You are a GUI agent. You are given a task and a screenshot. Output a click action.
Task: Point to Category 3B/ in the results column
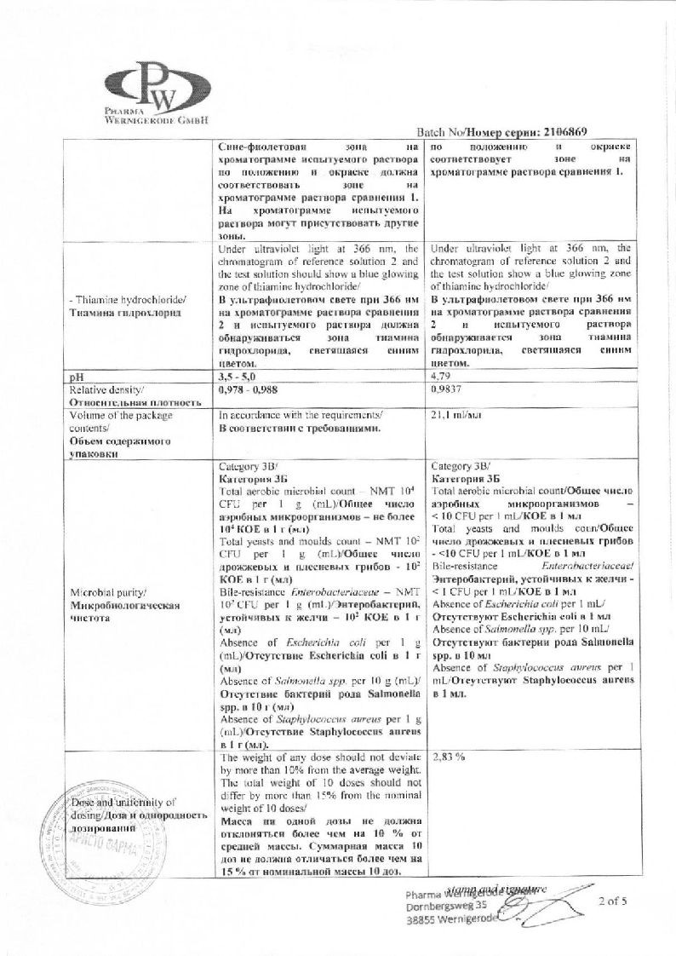461,466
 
